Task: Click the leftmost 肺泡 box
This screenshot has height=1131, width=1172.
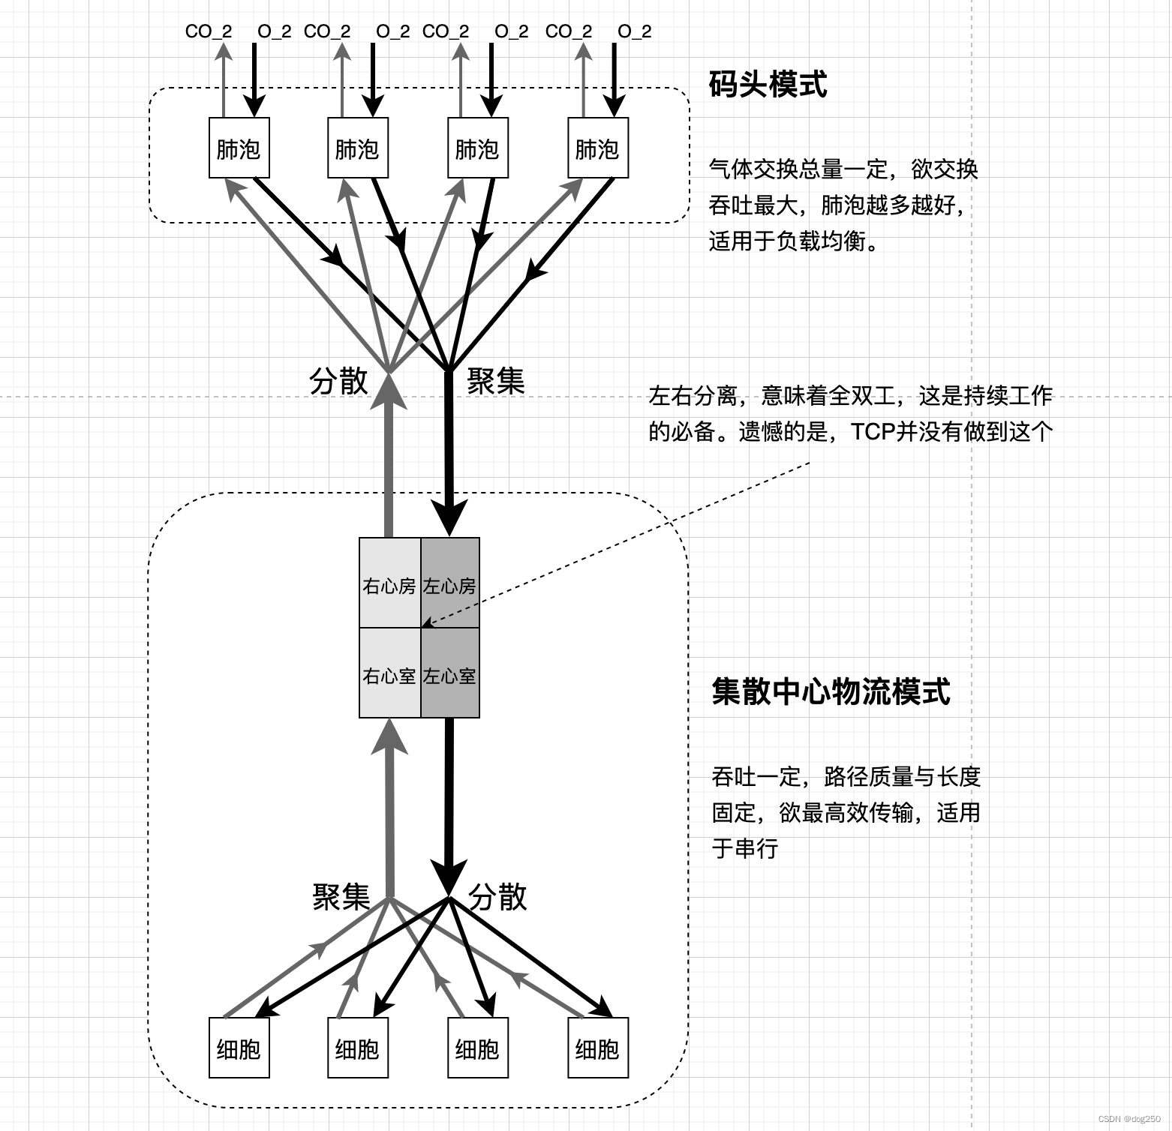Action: pyautogui.click(x=239, y=148)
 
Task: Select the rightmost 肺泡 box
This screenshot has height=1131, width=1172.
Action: pyautogui.click(x=597, y=148)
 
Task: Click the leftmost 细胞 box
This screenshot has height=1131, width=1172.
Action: pyautogui.click(x=239, y=1048)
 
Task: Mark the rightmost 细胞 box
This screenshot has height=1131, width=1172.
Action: pyautogui.click(x=597, y=1048)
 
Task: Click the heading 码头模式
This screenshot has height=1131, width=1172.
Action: pyautogui.click(x=768, y=83)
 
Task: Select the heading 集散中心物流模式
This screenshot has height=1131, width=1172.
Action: pyautogui.click(x=831, y=691)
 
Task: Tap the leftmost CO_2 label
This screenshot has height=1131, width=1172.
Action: pyautogui.click(x=209, y=31)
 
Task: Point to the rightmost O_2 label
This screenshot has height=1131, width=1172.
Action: pyautogui.click(x=635, y=31)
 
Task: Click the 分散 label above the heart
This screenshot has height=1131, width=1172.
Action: pyautogui.click(x=338, y=381)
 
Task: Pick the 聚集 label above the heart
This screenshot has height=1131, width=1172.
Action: pyautogui.click(x=495, y=381)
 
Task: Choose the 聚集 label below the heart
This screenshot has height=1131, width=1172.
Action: pyautogui.click(x=341, y=896)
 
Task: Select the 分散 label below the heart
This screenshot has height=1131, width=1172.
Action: pyautogui.click(x=497, y=896)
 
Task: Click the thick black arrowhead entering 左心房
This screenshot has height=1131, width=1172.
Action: pyautogui.click(x=449, y=517)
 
